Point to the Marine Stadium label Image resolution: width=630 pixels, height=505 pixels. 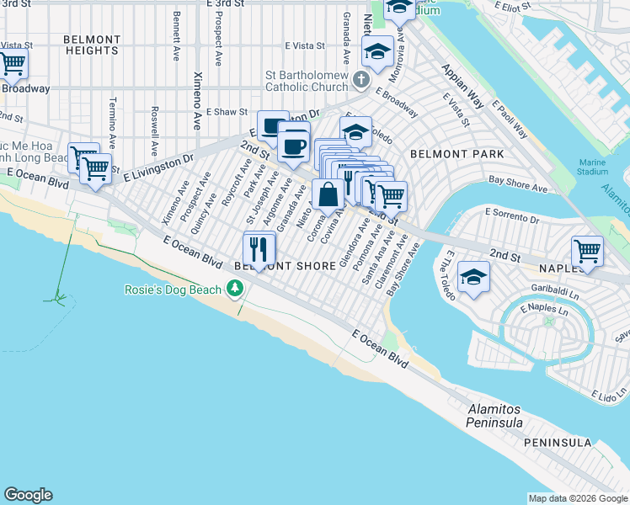(x=593, y=167)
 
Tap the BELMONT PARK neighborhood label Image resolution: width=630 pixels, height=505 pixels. (x=457, y=154)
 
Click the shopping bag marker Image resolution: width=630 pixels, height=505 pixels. (x=328, y=194)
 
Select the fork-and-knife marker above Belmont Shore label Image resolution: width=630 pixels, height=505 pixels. (x=259, y=247)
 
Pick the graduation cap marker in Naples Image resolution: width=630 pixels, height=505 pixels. (x=474, y=277)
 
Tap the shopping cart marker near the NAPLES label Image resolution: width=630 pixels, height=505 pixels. (x=587, y=250)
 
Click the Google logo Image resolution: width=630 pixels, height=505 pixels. (x=28, y=495)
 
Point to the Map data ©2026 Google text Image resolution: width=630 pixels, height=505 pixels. (x=578, y=497)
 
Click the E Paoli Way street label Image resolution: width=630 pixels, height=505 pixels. (x=510, y=121)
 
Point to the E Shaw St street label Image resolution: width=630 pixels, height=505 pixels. (x=229, y=112)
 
